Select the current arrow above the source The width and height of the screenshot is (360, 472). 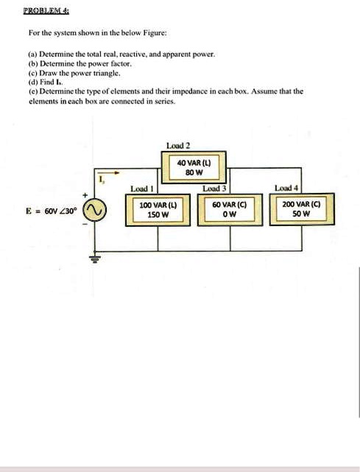click(x=106, y=183)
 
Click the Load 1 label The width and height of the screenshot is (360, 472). click(x=141, y=190)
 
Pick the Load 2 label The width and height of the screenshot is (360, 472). click(x=179, y=146)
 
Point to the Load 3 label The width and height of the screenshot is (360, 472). click(x=214, y=190)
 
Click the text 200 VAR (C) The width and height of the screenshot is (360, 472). click(x=300, y=205)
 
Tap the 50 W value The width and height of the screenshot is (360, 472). click(x=300, y=215)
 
